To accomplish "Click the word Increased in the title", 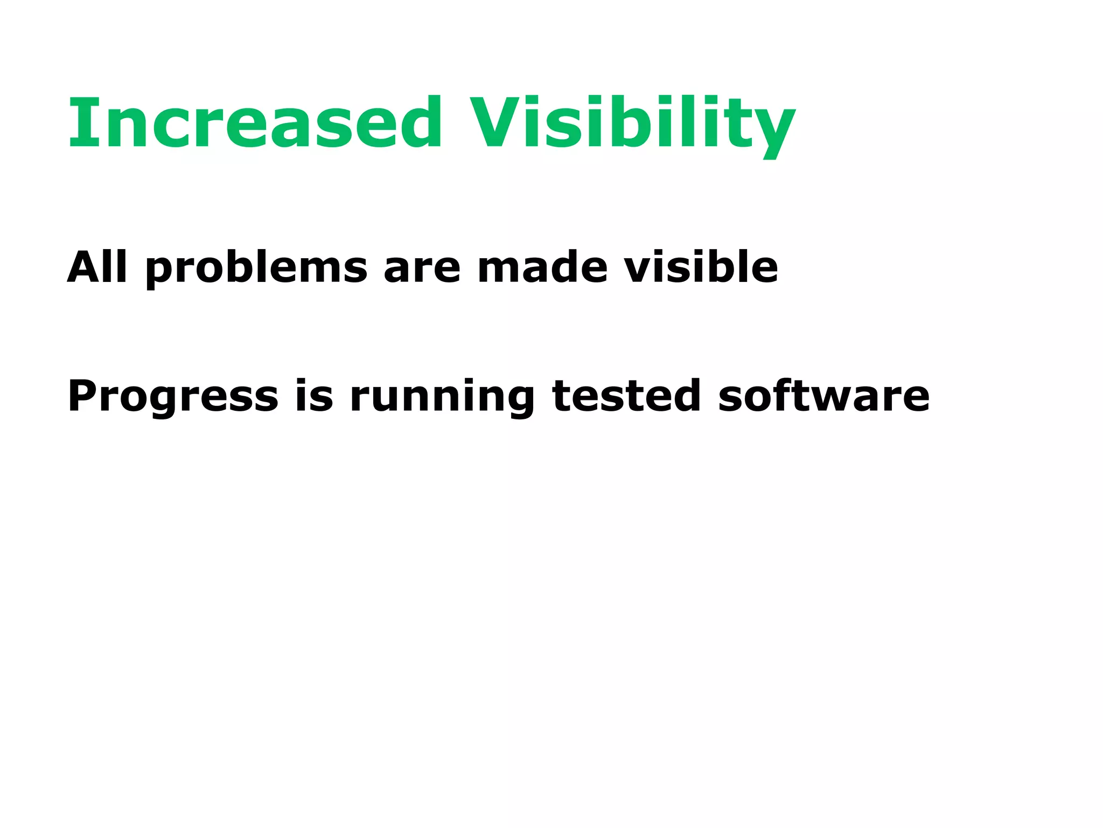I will click(x=254, y=122).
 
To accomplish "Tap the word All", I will click(x=97, y=267).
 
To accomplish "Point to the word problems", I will click(x=256, y=268).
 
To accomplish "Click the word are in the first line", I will click(x=422, y=268).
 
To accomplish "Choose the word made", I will click(x=542, y=267).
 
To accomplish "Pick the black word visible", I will click(x=701, y=267).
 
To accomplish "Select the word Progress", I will click(x=173, y=397).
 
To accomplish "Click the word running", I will click(x=442, y=397).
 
